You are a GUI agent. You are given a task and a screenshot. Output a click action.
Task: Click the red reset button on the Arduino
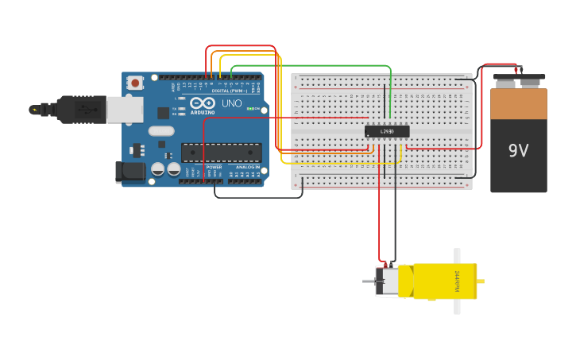point(135,82)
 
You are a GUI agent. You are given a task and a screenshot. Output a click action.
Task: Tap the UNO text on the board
point(231,103)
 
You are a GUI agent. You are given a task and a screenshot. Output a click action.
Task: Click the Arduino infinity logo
point(203,103)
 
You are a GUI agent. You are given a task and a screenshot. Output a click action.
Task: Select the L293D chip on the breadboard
point(387,131)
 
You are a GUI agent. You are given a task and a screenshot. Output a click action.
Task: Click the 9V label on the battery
point(518,150)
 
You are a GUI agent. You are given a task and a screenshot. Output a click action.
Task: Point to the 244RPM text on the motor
point(458,281)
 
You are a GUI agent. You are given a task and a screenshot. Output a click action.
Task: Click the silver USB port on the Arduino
point(125,110)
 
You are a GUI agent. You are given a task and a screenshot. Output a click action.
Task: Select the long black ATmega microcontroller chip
point(221,152)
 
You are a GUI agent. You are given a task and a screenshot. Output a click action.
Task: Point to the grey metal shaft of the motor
point(369,281)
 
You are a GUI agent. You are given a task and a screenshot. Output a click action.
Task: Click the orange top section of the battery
point(518,103)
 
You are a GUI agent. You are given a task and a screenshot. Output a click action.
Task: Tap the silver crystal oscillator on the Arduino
point(160,131)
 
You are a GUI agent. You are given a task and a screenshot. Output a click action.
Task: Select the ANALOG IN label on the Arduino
point(245,168)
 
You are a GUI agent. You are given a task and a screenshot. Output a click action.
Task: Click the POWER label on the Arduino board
point(214,168)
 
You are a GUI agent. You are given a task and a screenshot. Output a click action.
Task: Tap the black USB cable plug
point(75,110)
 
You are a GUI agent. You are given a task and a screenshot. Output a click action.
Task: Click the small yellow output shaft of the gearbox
point(481,281)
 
